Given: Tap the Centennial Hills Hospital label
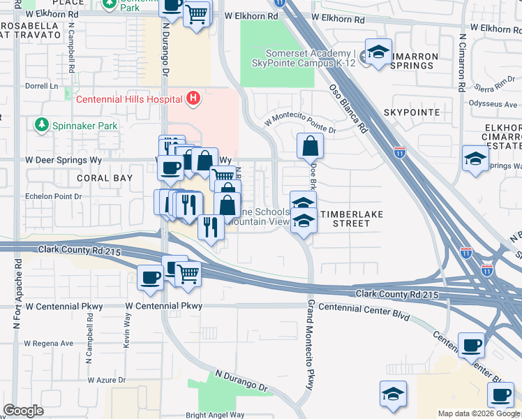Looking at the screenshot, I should coord(130,98).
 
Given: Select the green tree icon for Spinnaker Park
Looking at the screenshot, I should coord(41,125).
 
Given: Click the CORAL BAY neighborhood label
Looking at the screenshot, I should coord(104,178).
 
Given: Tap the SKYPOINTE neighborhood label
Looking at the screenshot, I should coord(411,112).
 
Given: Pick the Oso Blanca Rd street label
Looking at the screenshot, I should coord(349,108).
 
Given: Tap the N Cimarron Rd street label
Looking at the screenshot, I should coord(462,63).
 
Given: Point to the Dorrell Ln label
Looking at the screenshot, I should coord(41,87).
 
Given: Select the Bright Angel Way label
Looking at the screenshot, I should coord(215,414).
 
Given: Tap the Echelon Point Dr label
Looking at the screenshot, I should coord(53,196).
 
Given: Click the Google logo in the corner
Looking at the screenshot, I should coord(23,411).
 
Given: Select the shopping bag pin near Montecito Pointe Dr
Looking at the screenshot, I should coord(310,147).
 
